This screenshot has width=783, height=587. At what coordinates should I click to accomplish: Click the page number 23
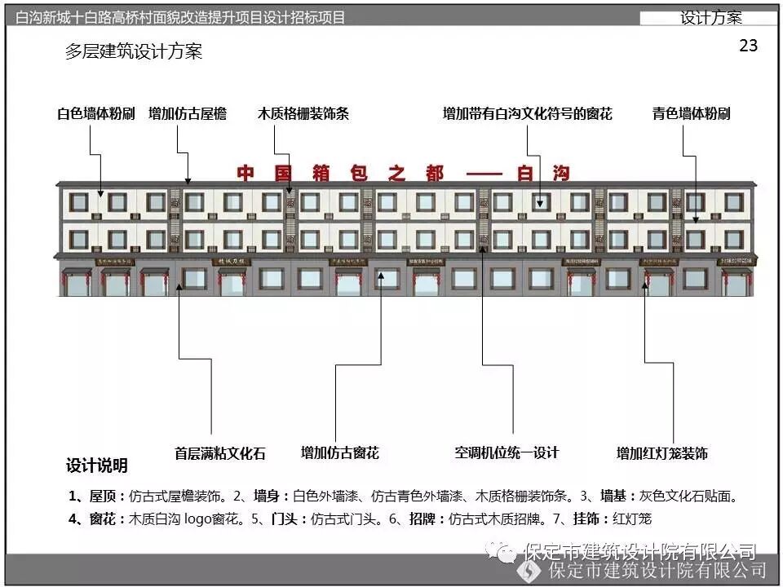coord(748,46)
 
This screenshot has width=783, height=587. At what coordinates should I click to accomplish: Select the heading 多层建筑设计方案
coord(134,52)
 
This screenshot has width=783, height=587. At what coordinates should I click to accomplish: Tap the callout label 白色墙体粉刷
coord(96,114)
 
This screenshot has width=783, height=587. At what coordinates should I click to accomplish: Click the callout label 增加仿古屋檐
coord(188,114)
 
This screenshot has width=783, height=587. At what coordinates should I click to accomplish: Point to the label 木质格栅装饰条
coord(303,114)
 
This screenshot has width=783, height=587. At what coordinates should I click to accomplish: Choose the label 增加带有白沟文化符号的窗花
coord(527,114)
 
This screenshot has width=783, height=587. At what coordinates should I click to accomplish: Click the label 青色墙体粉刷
coord(691,114)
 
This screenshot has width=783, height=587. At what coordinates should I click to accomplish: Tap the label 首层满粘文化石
coord(220,453)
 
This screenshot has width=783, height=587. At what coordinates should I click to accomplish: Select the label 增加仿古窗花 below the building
coord(340,452)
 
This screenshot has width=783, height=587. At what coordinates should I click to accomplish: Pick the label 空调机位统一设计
coord(507,452)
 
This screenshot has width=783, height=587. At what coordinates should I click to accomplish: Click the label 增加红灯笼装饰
coord(661,453)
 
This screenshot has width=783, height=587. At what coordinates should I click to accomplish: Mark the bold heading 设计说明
coord(97,466)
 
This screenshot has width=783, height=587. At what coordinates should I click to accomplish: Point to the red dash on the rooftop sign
coord(486,174)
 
